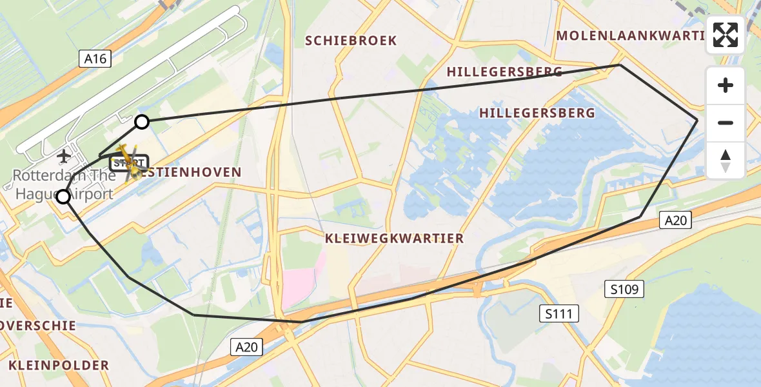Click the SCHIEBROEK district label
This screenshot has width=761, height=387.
(x=351, y=41)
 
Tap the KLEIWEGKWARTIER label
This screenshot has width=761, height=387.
(x=394, y=239)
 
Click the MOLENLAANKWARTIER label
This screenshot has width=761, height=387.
(x=629, y=35)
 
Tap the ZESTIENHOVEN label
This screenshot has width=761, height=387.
(x=193, y=172)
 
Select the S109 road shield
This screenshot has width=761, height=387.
(x=625, y=289)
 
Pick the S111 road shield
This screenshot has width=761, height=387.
(x=559, y=314)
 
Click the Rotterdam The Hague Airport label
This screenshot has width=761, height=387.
(x=63, y=184)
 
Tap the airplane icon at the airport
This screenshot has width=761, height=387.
(x=64, y=156)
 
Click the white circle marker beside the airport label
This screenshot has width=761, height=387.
(x=63, y=197)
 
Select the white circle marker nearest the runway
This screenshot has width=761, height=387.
(x=142, y=121)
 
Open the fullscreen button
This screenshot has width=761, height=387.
(x=726, y=35)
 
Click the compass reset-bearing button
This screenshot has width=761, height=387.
(x=726, y=160)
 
